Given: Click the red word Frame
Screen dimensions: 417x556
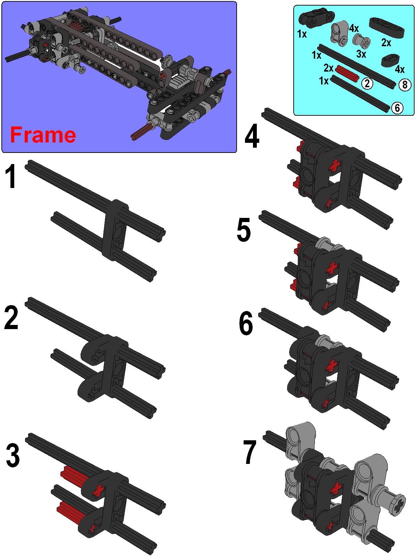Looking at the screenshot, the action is [43, 135].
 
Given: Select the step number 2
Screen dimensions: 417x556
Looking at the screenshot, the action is [11, 317].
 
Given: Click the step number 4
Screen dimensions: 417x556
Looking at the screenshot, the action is [252, 136].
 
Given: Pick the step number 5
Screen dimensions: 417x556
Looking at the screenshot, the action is [244, 230].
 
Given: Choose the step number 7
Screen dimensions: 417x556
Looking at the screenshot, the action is [250, 452].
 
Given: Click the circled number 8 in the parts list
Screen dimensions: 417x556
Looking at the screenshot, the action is [404, 84].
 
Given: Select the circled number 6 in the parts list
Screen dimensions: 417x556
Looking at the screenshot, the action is [397, 108].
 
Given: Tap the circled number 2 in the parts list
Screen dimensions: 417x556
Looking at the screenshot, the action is [367, 83].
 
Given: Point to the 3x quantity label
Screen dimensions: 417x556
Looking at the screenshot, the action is [361, 54].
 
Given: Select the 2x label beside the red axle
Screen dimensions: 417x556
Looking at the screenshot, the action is [328, 68].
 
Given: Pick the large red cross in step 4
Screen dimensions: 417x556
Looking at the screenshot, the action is [335, 166].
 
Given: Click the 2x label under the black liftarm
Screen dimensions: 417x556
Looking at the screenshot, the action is [386, 42].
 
